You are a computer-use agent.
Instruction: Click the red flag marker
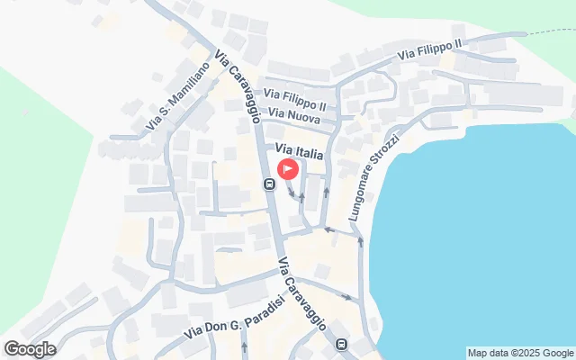pos(288,168)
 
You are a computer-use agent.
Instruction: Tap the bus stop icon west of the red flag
pos(268,184)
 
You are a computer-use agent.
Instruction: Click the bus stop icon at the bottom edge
pos(341,344)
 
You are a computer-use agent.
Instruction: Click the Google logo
pos(30,349)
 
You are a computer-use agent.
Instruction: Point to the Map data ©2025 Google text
pos(520,353)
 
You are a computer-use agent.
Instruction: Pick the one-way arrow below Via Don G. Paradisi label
pos(244,346)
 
